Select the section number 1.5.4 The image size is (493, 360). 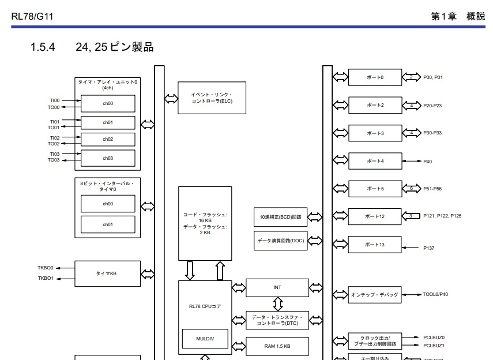point(42,47)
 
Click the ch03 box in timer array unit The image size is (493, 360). point(108,158)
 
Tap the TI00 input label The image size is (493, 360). point(54,100)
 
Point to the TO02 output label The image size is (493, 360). point(54,144)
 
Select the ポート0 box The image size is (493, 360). point(375,77)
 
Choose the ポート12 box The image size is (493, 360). point(375,217)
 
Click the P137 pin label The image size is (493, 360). point(428,248)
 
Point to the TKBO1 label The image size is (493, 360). point(46,279)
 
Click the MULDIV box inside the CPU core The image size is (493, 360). point(205,339)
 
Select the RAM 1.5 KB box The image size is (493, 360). point(277,346)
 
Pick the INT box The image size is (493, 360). point(277,287)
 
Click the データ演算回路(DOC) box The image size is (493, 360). point(281,241)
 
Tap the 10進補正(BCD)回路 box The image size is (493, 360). point(281,217)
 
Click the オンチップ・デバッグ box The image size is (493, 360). point(375,295)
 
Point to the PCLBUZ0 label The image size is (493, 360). point(434,337)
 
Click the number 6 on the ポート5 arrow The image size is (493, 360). point(411,189)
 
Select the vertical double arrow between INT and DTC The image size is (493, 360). point(278,303)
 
